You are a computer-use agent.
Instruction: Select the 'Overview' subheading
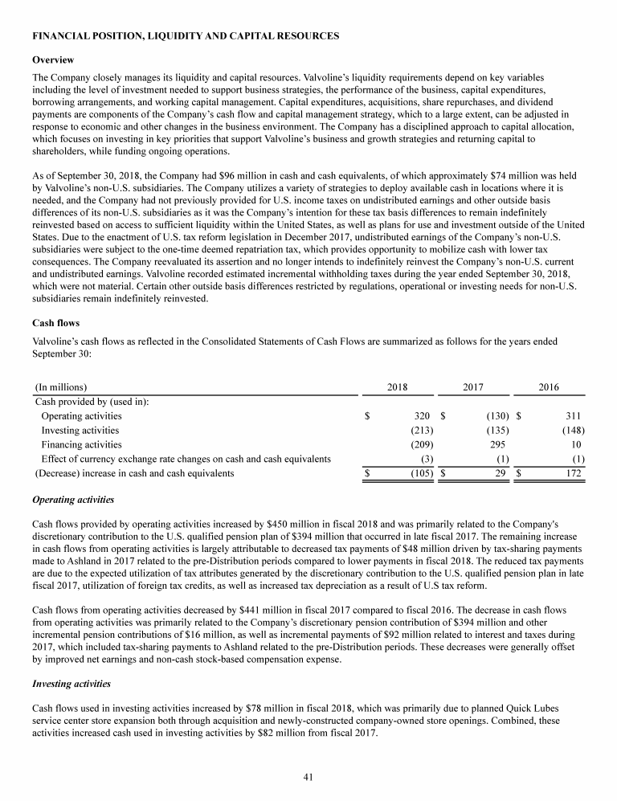click(x=53, y=60)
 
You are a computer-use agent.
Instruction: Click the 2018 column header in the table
click(x=397, y=387)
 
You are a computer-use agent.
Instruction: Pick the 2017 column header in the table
click(x=474, y=387)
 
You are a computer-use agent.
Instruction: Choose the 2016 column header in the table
click(x=549, y=387)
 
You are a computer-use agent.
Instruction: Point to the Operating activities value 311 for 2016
click(x=571, y=416)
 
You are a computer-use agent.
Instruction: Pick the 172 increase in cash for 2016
click(x=571, y=473)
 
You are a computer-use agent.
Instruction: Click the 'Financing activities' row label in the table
click(x=81, y=444)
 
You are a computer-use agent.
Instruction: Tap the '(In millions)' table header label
click(x=61, y=387)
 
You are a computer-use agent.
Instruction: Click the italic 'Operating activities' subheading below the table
click(x=72, y=500)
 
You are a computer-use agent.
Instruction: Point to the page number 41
click(x=308, y=776)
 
